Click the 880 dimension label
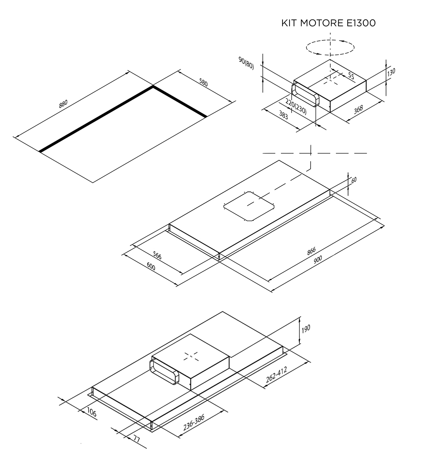point(63,103)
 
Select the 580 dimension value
point(203,83)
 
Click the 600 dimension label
point(151,267)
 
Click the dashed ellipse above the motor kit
point(330,47)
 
